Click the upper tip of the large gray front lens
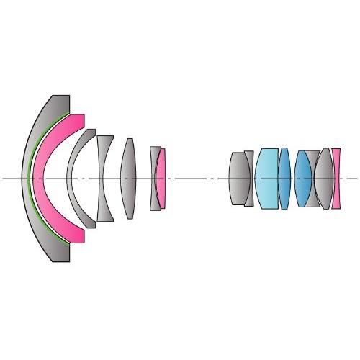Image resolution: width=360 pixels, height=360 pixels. point(60,98)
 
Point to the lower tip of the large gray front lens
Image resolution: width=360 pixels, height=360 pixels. point(60,259)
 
